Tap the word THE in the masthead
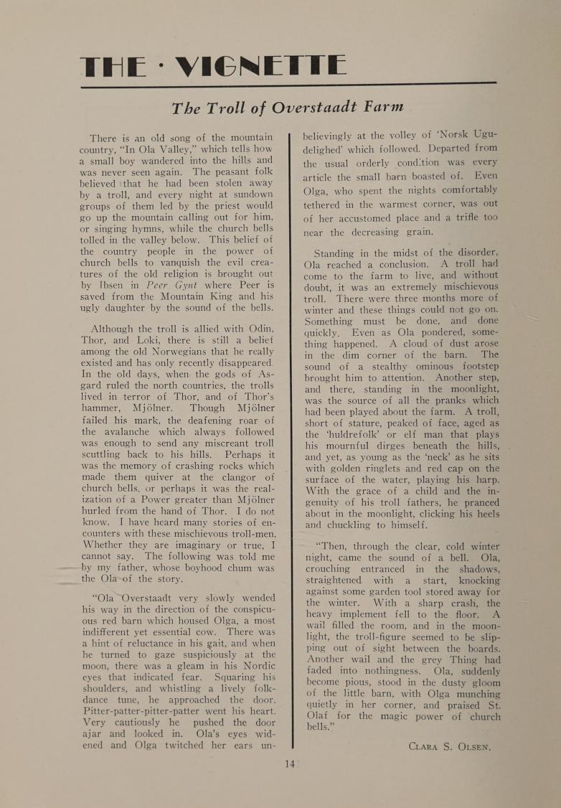click(x=116, y=67)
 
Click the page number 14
click(x=289, y=764)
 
